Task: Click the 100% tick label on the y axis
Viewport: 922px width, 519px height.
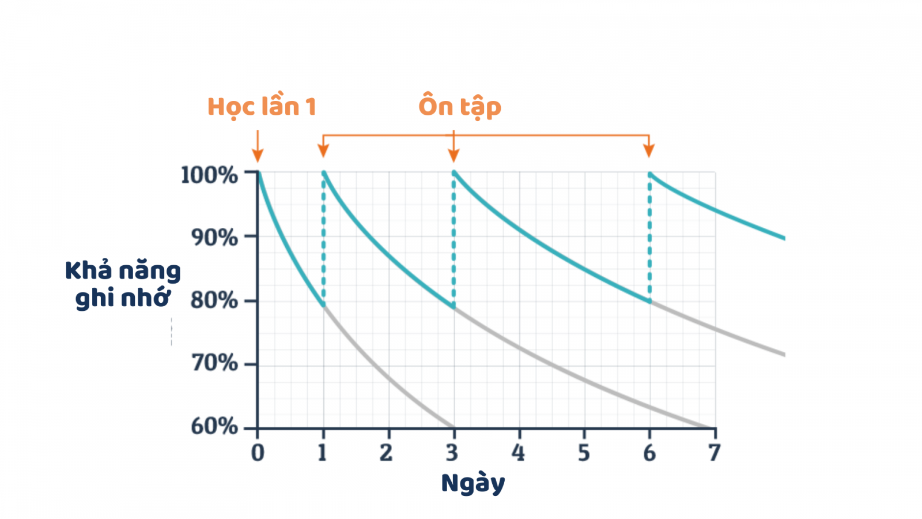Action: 209,175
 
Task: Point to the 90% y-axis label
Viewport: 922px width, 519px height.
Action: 214,237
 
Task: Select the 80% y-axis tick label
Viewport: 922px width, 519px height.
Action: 214,300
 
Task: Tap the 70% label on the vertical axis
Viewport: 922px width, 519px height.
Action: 214,363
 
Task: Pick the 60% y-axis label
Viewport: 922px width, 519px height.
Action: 214,427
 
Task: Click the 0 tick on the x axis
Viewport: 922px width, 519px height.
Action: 258,453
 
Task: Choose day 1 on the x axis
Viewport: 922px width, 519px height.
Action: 322,453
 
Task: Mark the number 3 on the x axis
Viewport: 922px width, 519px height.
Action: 452,453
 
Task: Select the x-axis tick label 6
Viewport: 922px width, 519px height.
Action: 649,453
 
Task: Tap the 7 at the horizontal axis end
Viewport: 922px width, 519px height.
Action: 715,453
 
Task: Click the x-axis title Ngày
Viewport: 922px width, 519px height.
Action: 473,483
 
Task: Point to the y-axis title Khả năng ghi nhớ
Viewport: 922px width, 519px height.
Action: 123,284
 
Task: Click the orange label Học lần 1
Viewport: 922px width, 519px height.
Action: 262,107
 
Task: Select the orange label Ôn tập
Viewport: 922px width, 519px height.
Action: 460,107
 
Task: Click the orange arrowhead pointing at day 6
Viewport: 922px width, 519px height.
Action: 649,151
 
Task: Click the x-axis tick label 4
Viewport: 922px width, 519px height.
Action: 518,453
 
